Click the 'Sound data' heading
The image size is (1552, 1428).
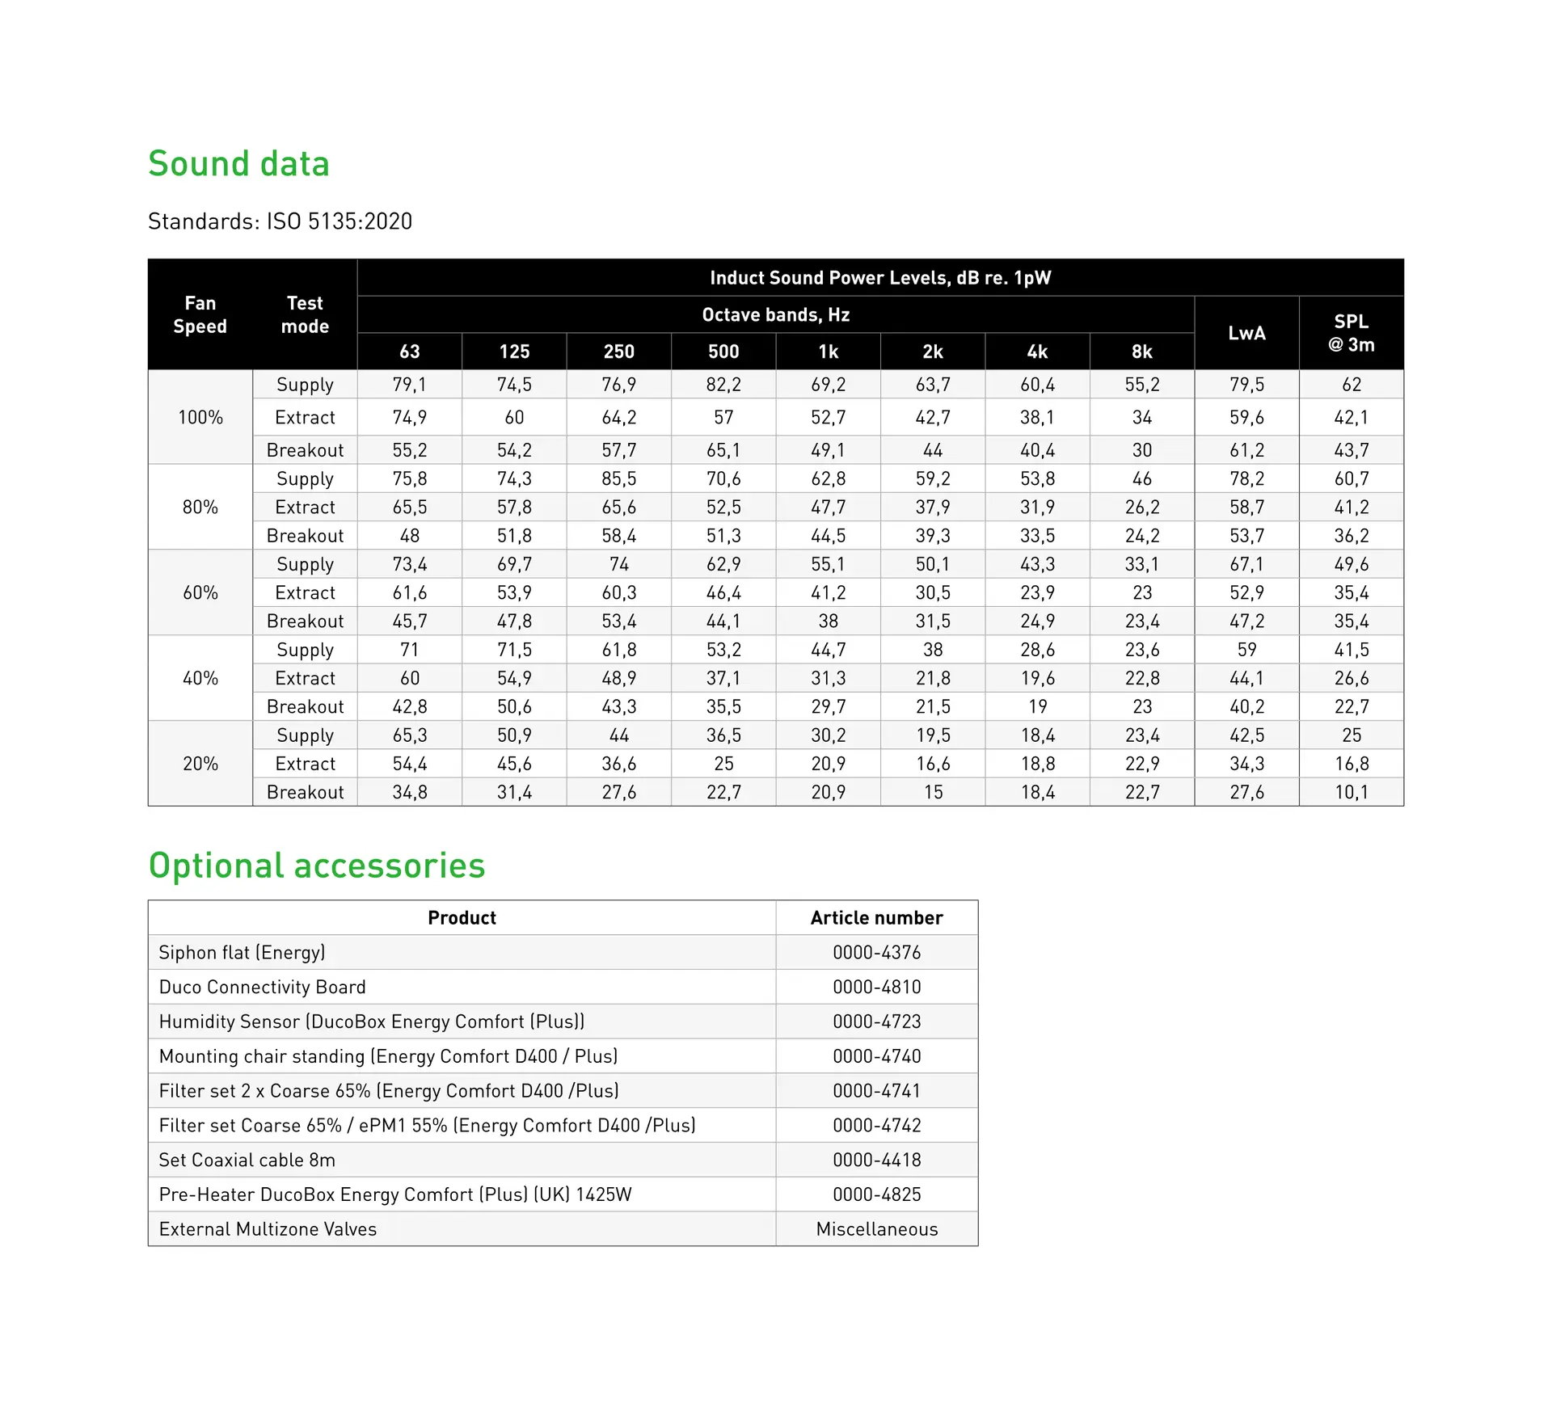[238, 164]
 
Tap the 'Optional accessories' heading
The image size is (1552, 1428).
[316, 866]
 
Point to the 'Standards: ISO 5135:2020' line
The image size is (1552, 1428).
[280, 221]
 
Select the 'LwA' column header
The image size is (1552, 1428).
[1246, 333]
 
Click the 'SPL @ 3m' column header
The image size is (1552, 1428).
[1351, 333]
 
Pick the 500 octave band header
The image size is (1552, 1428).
[723, 352]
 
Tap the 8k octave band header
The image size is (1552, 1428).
[1141, 352]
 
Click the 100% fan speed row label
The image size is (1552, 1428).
[200, 418]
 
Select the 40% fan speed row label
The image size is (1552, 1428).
[200, 678]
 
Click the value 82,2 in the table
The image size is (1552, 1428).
[723, 385]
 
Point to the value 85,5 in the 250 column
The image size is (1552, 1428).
[618, 478]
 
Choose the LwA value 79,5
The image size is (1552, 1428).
[1246, 385]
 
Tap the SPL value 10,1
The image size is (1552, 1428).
[1351, 792]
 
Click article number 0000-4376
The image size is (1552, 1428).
[876, 953]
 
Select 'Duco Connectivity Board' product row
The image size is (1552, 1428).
[262, 987]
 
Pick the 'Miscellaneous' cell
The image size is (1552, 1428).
[876, 1229]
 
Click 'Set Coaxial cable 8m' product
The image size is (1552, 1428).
[247, 1160]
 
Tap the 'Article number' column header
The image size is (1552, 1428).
[876, 918]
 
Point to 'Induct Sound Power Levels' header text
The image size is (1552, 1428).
[879, 278]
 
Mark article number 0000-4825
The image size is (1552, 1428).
[876, 1194]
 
